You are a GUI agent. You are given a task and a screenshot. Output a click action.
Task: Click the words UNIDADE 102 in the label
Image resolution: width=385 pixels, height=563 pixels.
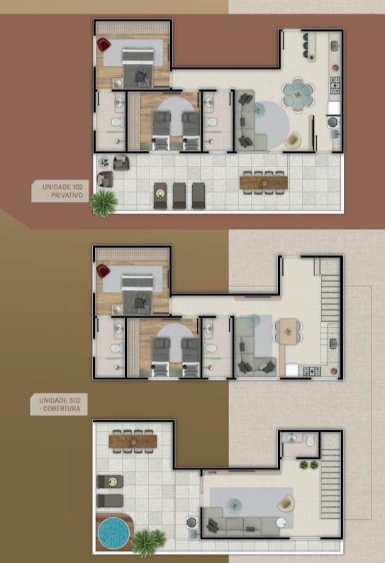62,186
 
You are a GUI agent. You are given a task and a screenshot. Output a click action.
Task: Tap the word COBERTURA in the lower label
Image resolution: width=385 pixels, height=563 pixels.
62,408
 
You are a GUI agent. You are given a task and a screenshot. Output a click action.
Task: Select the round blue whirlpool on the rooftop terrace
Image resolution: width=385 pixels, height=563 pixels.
113,533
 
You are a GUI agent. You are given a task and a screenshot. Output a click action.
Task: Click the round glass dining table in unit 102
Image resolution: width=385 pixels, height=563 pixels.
298,95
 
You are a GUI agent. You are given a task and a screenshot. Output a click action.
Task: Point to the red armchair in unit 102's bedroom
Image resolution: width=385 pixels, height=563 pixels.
104,45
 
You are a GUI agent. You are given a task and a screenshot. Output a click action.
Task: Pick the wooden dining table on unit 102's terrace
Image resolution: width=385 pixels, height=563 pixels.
264,182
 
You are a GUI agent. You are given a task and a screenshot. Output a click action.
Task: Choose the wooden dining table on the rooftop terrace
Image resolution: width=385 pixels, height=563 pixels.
133,441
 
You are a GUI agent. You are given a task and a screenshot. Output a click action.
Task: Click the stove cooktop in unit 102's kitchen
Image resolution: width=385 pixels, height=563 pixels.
335,86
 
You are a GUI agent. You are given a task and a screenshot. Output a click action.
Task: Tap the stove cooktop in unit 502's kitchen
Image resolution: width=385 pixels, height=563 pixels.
312,371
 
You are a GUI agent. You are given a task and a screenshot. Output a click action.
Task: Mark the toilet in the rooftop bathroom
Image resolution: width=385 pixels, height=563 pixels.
311,440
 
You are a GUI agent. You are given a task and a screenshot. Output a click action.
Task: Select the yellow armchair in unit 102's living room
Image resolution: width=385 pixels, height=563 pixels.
293,139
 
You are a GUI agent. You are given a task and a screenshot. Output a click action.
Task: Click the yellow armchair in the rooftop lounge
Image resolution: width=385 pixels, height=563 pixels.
286,503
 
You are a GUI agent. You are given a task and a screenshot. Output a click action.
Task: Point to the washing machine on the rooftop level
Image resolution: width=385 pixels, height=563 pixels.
191,523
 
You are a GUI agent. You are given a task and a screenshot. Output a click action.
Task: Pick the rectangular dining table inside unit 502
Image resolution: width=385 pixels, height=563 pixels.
289,331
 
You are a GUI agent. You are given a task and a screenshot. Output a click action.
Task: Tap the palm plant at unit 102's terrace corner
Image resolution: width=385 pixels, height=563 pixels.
104,204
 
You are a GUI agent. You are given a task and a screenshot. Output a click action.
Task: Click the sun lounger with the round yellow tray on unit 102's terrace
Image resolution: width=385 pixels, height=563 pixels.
160,196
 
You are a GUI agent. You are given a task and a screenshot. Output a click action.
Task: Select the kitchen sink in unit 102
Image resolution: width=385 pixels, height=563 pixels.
335,46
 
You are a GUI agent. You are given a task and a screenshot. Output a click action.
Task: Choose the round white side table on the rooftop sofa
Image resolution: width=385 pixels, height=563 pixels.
281,523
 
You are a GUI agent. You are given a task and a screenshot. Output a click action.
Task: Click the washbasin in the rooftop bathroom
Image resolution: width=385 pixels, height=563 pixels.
291,437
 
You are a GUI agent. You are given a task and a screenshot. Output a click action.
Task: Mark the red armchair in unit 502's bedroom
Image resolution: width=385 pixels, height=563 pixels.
103,271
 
